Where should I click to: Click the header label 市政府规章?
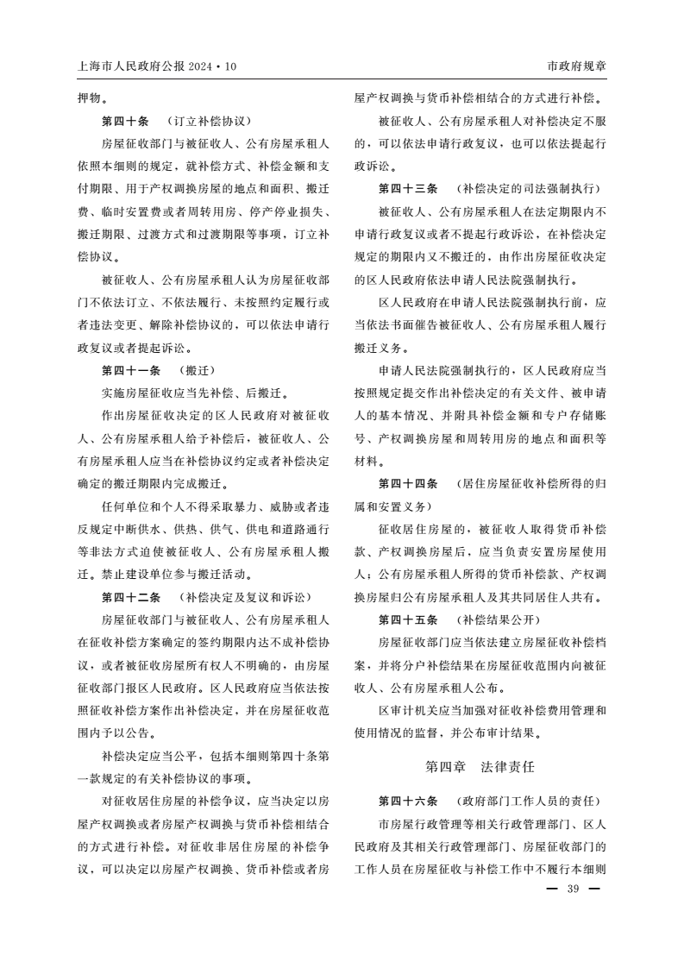click(x=577, y=66)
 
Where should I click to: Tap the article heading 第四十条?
click(x=125, y=121)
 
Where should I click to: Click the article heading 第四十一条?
click(x=131, y=370)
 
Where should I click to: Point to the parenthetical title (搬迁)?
click(x=198, y=370)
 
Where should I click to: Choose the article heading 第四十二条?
click(x=131, y=597)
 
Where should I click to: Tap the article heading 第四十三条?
click(x=408, y=188)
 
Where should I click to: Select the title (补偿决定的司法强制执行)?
click(x=528, y=188)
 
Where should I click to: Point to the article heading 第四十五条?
click(x=408, y=619)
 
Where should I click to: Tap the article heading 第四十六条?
click(x=408, y=801)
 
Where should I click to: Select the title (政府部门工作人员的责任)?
click(x=528, y=801)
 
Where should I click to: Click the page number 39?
click(x=571, y=891)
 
